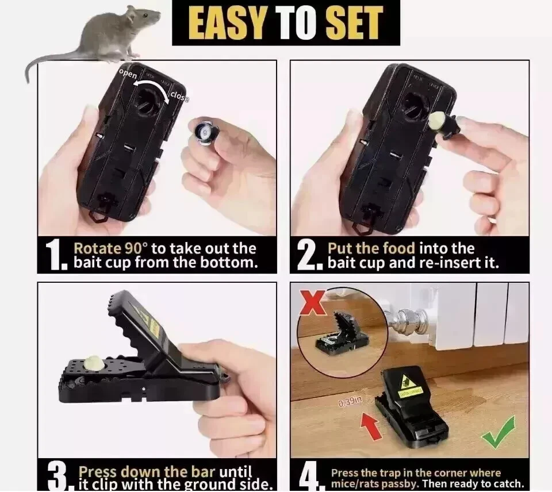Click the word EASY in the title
(223, 23)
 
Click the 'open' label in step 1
(128, 74)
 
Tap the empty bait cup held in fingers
(203, 130)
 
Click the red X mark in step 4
(314, 303)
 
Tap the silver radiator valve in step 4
(403, 320)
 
